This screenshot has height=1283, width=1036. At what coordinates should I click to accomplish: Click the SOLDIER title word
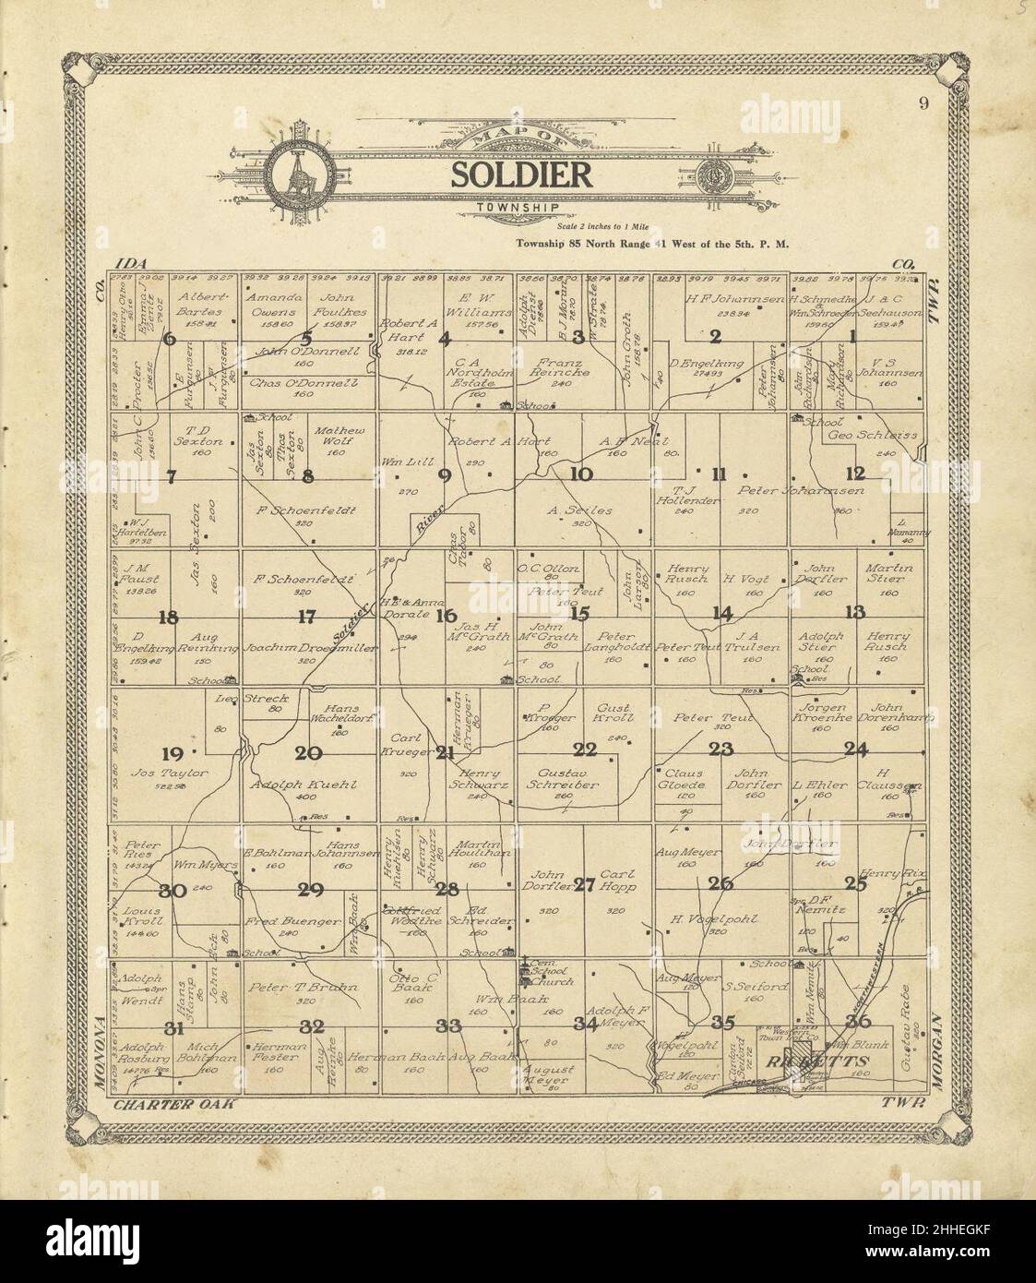[x=521, y=175]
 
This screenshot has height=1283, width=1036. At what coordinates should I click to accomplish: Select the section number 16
[x=447, y=616]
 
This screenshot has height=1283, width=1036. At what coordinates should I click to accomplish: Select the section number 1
[x=853, y=338]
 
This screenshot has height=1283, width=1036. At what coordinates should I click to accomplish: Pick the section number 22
[x=585, y=749]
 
